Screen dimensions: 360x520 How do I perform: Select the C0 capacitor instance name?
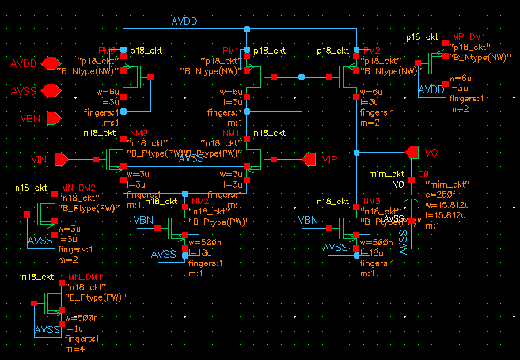[x=423, y=173]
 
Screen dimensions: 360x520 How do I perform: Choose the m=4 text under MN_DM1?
[x=74, y=348]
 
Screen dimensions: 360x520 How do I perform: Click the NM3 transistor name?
[x=371, y=202]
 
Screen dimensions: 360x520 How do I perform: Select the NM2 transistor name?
[x=201, y=202]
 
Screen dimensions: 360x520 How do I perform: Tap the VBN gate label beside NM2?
[x=144, y=219]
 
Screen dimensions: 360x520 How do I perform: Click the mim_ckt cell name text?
[x=387, y=174]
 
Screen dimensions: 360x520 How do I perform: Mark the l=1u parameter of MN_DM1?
[x=73, y=328]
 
